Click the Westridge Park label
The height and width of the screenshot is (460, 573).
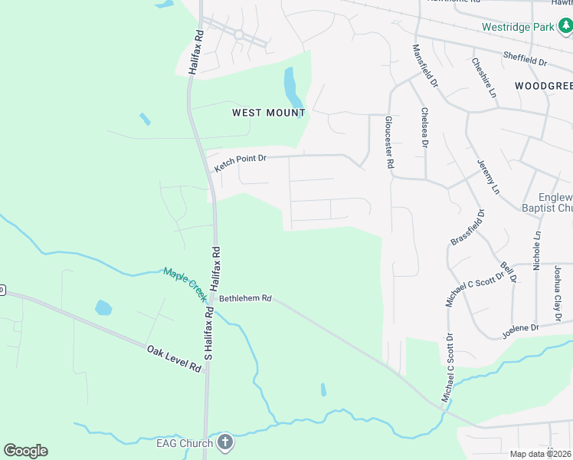pyautogui.click(x=517, y=27)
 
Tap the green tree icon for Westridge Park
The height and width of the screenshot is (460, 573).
pyautogui.click(x=565, y=28)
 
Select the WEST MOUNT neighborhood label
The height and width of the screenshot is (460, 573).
pyautogui.click(x=268, y=113)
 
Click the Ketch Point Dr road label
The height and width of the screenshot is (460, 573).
pyautogui.click(x=241, y=163)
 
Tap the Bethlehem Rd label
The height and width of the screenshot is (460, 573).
pyautogui.click(x=246, y=298)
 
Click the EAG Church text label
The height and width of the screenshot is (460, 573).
pyautogui.click(x=184, y=442)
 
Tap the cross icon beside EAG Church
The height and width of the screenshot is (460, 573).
pyautogui.click(x=224, y=442)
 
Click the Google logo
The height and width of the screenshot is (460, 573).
pyautogui.click(x=25, y=451)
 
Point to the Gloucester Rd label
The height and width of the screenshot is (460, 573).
pyautogui.click(x=389, y=143)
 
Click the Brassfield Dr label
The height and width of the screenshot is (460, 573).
pyautogui.click(x=467, y=227)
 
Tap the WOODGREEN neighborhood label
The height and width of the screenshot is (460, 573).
pyautogui.click(x=544, y=85)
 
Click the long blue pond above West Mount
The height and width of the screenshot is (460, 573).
pyautogui.click(x=292, y=87)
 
